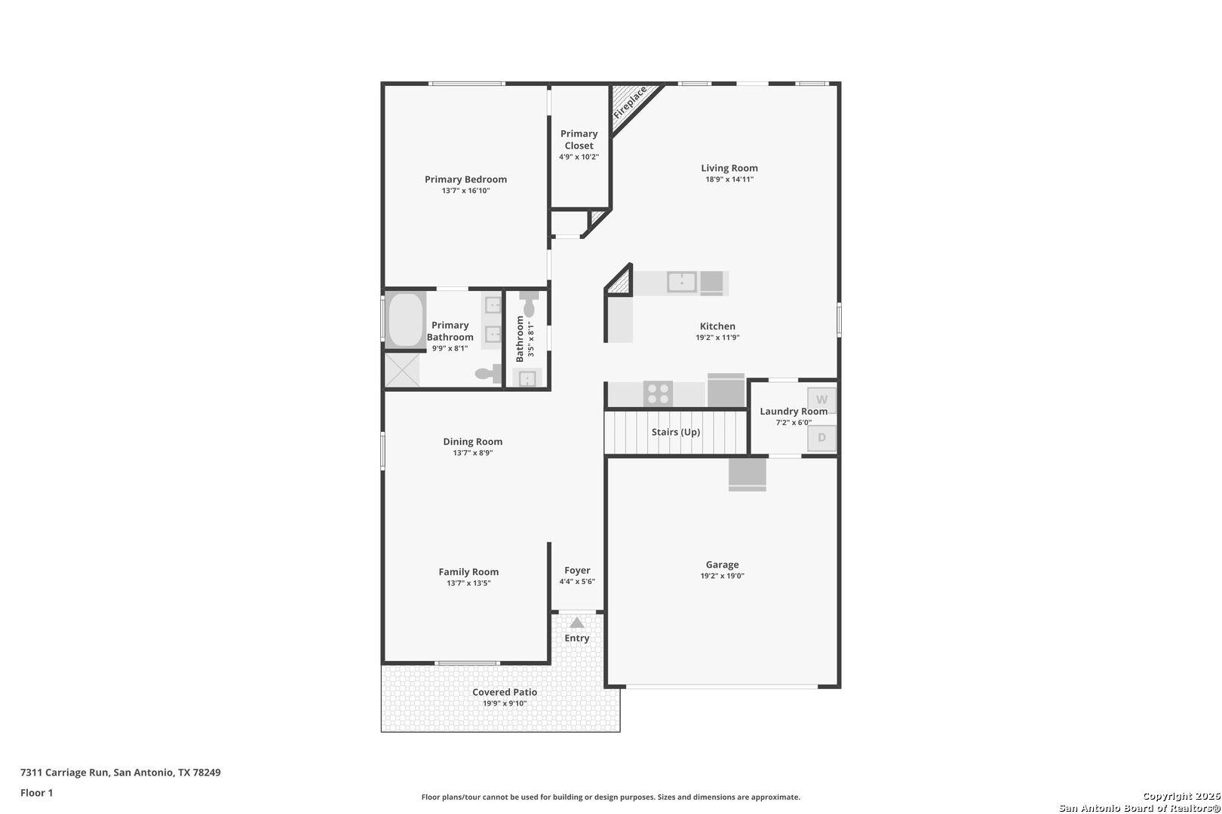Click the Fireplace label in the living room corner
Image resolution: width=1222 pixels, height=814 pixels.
[x=630, y=103]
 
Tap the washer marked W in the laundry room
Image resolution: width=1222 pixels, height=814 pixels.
[x=821, y=399]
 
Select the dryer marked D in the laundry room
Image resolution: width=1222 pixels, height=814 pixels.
[x=821, y=438]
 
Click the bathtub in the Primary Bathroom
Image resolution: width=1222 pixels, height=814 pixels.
[x=406, y=320]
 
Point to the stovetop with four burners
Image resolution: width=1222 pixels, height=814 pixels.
[x=658, y=393]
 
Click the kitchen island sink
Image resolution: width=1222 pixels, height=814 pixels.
[x=681, y=283]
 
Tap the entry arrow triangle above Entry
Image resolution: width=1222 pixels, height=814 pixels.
[x=576, y=623]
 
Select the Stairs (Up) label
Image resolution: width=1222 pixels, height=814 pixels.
[x=675, y=432]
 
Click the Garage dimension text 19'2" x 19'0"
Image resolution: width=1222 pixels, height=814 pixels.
[x=723, y=576]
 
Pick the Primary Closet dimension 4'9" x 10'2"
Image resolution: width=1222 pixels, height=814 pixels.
[x=579, y=157]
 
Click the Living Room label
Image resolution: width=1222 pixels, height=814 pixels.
[x=729, y=168]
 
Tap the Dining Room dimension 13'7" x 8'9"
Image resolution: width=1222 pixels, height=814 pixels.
[x=472, y=453]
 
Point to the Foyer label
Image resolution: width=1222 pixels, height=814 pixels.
[x=577, y=571]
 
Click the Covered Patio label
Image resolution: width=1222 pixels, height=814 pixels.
[x=505, y=692]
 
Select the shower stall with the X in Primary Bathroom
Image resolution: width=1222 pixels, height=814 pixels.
[x=403, y=370]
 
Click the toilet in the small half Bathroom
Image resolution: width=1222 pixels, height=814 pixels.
[x=529, y=304]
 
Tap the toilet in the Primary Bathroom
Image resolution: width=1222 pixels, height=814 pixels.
[x=489, y=374]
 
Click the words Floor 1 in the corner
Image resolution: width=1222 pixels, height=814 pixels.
[x=36, y=793]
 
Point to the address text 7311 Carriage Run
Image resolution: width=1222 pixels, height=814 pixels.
[x=65, y=772]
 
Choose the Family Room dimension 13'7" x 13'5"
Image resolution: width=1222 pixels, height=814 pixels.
[x=468, y=583]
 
